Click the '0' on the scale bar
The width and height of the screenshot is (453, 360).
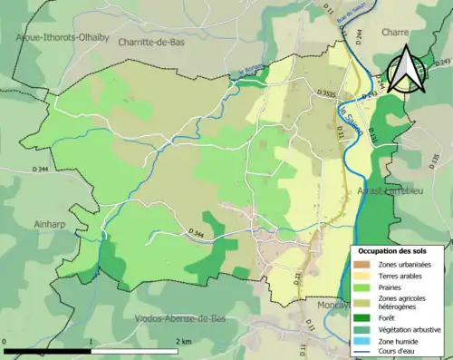tap(6, 341)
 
